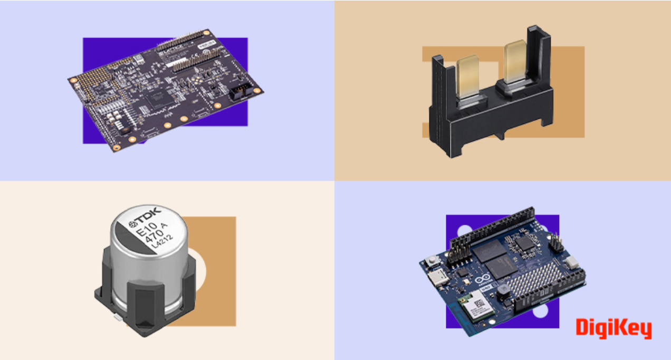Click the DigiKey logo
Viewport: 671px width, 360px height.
(x=614, y=328)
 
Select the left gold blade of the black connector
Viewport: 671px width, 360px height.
(x=465, y=77)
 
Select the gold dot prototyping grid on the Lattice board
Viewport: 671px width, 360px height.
(x=98, y=79)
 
